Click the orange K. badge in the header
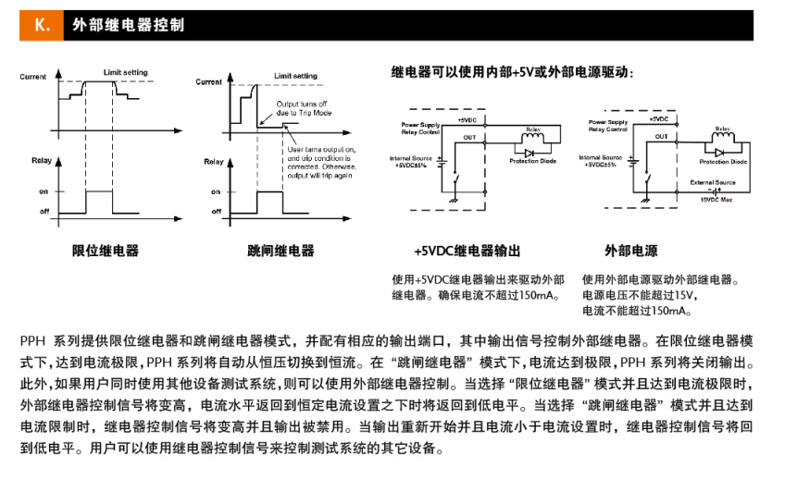(42, 25)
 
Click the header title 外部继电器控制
(129, 25)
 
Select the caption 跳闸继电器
(281, 251)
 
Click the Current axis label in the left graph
(33, 77)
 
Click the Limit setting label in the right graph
(295, 75)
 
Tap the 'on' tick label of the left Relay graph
(43, 191)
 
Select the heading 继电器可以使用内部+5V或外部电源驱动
(512, 71)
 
